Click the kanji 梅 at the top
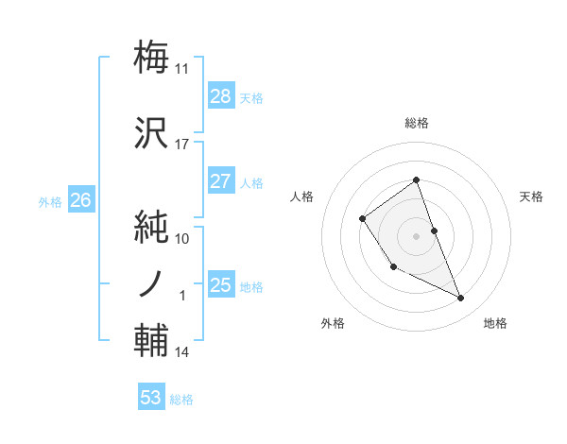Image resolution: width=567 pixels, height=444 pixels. click(151, 57)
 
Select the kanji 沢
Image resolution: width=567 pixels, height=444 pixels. click(151, 133)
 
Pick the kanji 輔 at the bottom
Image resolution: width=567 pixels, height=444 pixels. click(151, 341)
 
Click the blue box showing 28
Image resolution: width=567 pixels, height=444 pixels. click(220, 95)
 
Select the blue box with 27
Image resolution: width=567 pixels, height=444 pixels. click(220, 181)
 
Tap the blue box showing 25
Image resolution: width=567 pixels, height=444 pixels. click(220, 285)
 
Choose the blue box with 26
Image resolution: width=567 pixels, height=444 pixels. click(80, 199)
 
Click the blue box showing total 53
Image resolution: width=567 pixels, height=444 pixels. click(150, 398)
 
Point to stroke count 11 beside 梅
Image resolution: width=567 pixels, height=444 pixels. click(181, 68)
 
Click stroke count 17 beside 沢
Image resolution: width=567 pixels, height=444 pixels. click(181, 145)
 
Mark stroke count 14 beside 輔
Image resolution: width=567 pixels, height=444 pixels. click(181, 352)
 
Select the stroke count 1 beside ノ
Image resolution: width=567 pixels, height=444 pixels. click(183, 296)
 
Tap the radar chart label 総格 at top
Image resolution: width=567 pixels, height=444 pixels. click(416, 124)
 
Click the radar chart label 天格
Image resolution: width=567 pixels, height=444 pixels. click(531, 196)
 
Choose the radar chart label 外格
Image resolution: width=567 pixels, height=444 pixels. click(333, 323)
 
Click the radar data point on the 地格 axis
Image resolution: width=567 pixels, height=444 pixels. click(461, 299)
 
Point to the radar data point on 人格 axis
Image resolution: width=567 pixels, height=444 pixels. click(363, 219)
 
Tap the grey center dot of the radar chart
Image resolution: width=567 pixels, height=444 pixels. click(416, 235)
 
